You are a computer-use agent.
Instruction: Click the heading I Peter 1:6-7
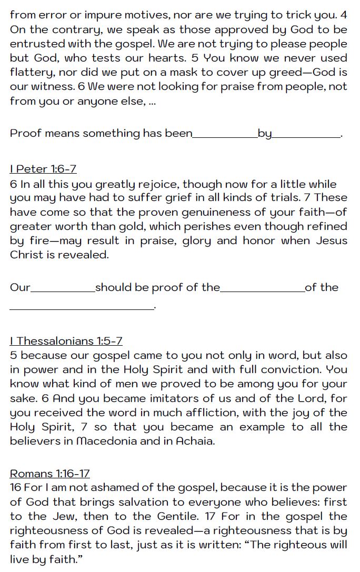click(43, 169)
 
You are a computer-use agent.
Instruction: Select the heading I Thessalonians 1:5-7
click(66, 341)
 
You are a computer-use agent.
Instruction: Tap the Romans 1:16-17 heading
click(50, 473)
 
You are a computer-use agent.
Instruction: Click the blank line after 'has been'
click(225, 135)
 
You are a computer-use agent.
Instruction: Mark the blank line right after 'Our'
click(63, 289)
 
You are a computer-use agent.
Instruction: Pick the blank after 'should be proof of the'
click(262, 289)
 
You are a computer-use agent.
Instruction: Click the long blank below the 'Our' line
click(81, 308)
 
